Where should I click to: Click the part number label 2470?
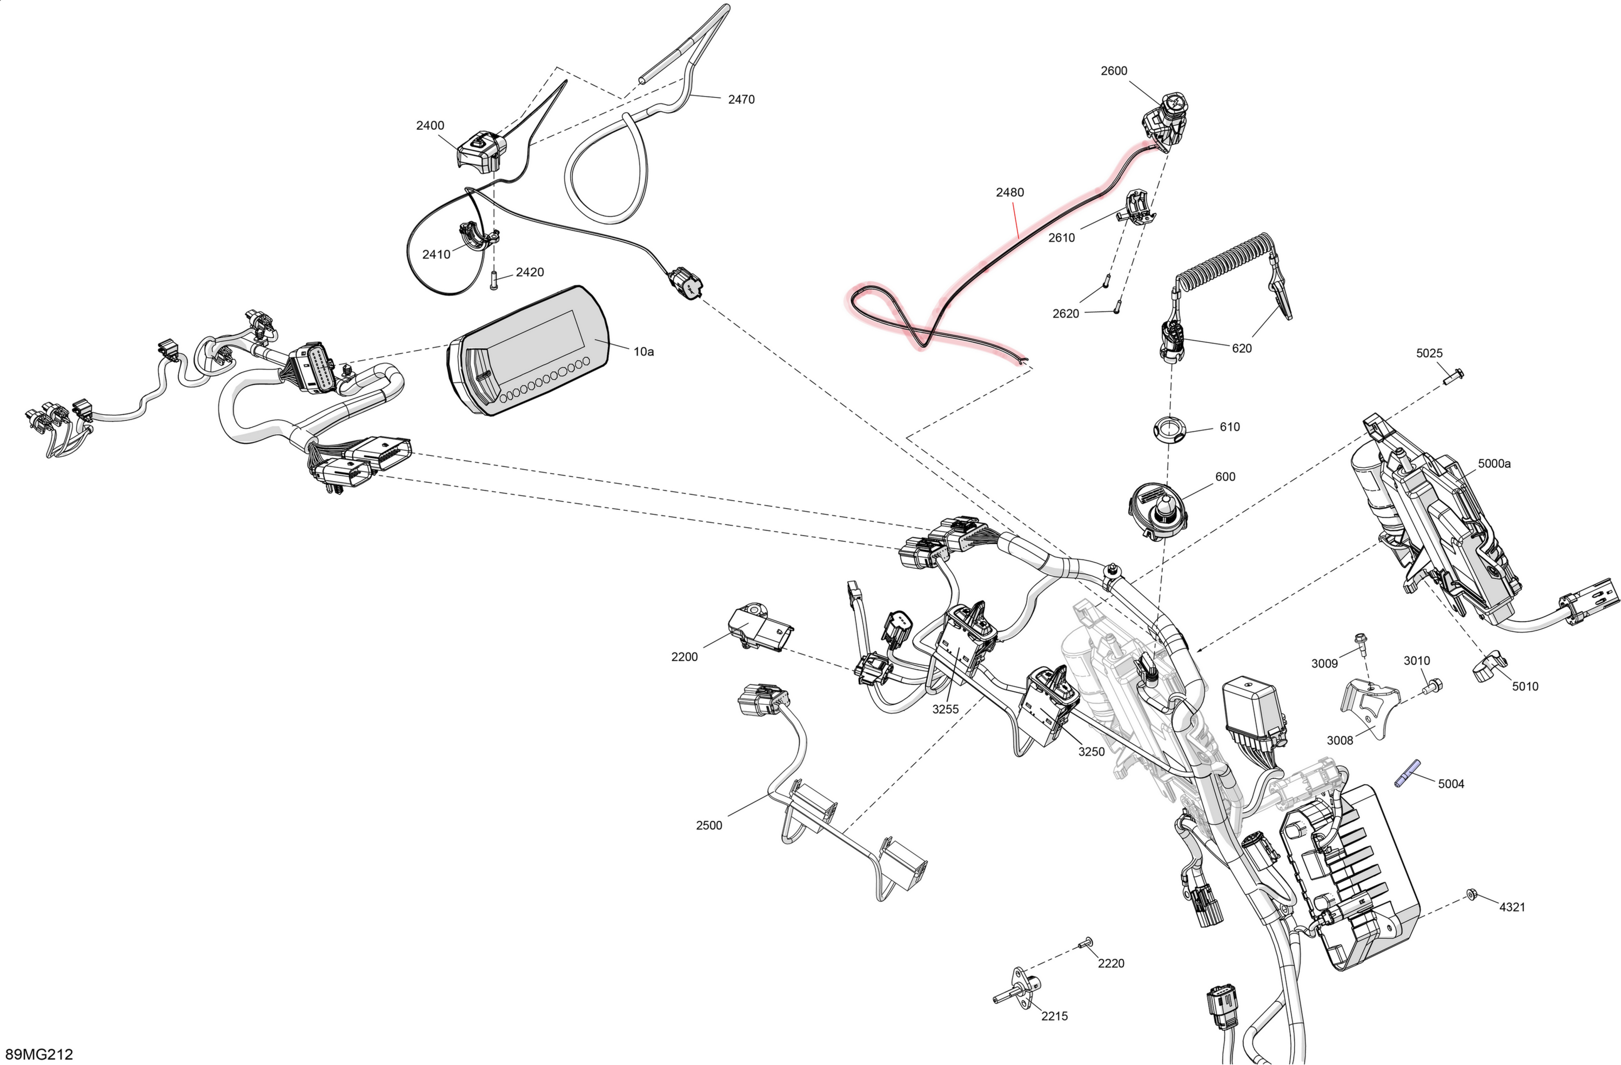point(741,99)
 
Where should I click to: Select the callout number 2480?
point(1009,193)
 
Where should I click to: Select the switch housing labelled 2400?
point(481,152)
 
